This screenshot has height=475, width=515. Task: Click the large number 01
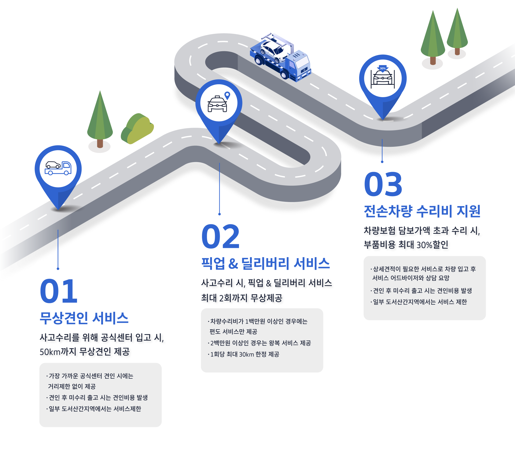(x=59, y=291)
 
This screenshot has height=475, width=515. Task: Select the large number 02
(x=220, y=236)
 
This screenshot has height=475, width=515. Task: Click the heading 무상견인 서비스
(x=84, y=318)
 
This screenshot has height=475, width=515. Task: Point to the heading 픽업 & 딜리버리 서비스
(x=266, y=263)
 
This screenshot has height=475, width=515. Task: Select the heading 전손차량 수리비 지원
(x=422, y=211)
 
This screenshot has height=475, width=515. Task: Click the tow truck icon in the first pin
(x=58, y=168)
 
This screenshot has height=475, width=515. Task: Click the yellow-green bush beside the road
(x=137, y=129)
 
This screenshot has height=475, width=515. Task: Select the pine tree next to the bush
(x=100, y=119)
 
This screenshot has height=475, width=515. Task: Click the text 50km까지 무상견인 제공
(x=85, y=352)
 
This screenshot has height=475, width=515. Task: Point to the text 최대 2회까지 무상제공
(x=242, y=298)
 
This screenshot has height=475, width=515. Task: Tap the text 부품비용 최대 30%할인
(x=406, y=244)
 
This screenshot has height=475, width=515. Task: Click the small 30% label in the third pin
(x=383, y=68)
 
